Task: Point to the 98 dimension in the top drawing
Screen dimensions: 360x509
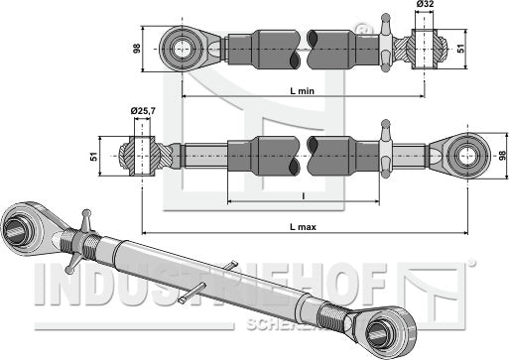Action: (138, 48)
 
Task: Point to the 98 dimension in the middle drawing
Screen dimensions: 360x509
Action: (500, 155)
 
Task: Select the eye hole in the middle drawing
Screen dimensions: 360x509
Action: (461, 155)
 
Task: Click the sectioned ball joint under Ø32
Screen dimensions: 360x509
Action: (418, 48)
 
